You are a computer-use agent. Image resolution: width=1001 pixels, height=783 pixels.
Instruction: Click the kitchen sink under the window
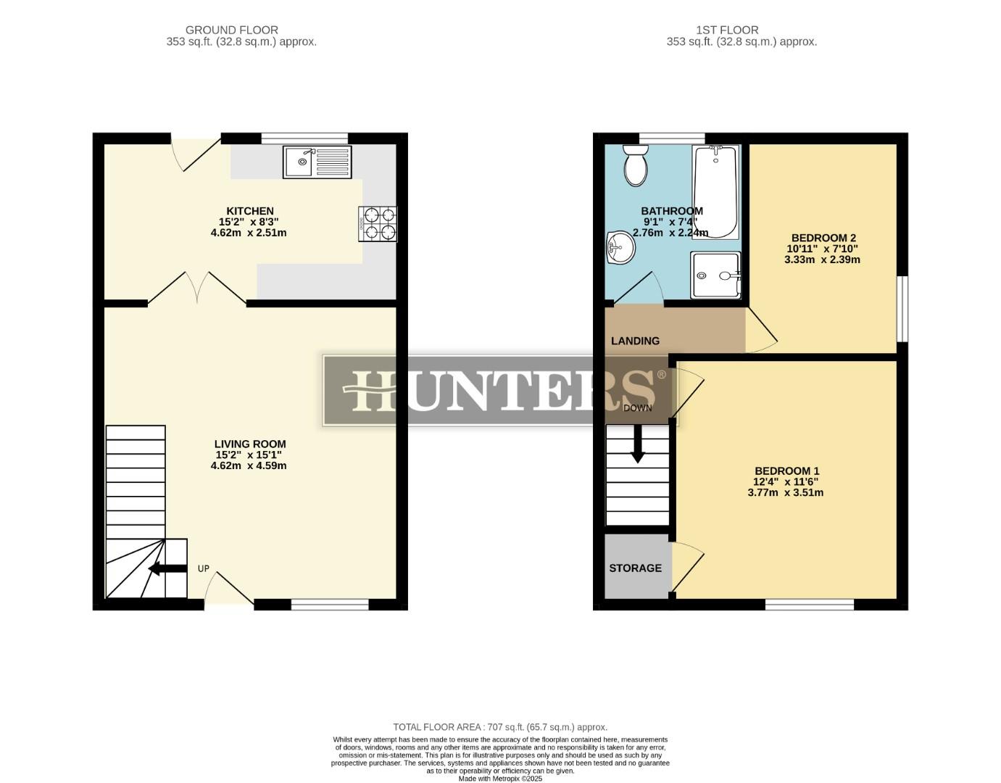coord(317,162)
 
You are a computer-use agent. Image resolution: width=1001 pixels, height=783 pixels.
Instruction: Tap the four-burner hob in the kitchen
coord(378,223)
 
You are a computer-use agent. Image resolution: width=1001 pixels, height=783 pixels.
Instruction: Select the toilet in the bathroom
coord(636,165)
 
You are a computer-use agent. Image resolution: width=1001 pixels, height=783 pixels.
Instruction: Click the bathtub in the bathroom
coord(715,191)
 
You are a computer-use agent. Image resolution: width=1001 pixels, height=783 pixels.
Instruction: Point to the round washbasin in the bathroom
coord(620,249)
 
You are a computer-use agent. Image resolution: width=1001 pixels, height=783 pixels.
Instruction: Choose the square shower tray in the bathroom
coord(715,275)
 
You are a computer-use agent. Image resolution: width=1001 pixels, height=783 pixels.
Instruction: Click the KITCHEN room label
coord(250,211)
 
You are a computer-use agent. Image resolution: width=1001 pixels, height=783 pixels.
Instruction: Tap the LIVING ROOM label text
coord(250,444)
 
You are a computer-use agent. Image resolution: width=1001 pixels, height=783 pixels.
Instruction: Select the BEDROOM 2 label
coord(823,238)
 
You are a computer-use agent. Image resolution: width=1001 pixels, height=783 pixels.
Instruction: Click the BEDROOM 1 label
coord(786,471)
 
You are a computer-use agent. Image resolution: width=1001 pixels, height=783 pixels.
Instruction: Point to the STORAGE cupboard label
coord(635,568)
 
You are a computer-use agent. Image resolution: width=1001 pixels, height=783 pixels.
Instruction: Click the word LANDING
coord(635,341)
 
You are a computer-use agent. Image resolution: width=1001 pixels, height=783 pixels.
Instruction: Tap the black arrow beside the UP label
coord(167,568)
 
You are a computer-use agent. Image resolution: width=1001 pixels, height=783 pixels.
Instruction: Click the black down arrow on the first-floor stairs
coord(637,444)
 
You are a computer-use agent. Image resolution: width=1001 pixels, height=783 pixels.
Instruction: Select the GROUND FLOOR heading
coord(231,30)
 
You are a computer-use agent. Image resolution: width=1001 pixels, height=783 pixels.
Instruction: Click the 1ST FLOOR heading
coord(727,30)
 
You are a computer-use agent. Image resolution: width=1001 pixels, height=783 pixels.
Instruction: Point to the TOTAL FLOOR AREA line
coord(500,726)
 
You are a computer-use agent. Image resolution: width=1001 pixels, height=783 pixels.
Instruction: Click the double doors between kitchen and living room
coord(197,289)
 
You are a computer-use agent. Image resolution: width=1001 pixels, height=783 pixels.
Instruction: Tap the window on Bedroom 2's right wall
coord(902,308)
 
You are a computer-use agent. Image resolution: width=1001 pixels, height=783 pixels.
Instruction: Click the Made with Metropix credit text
coord(500,779)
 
